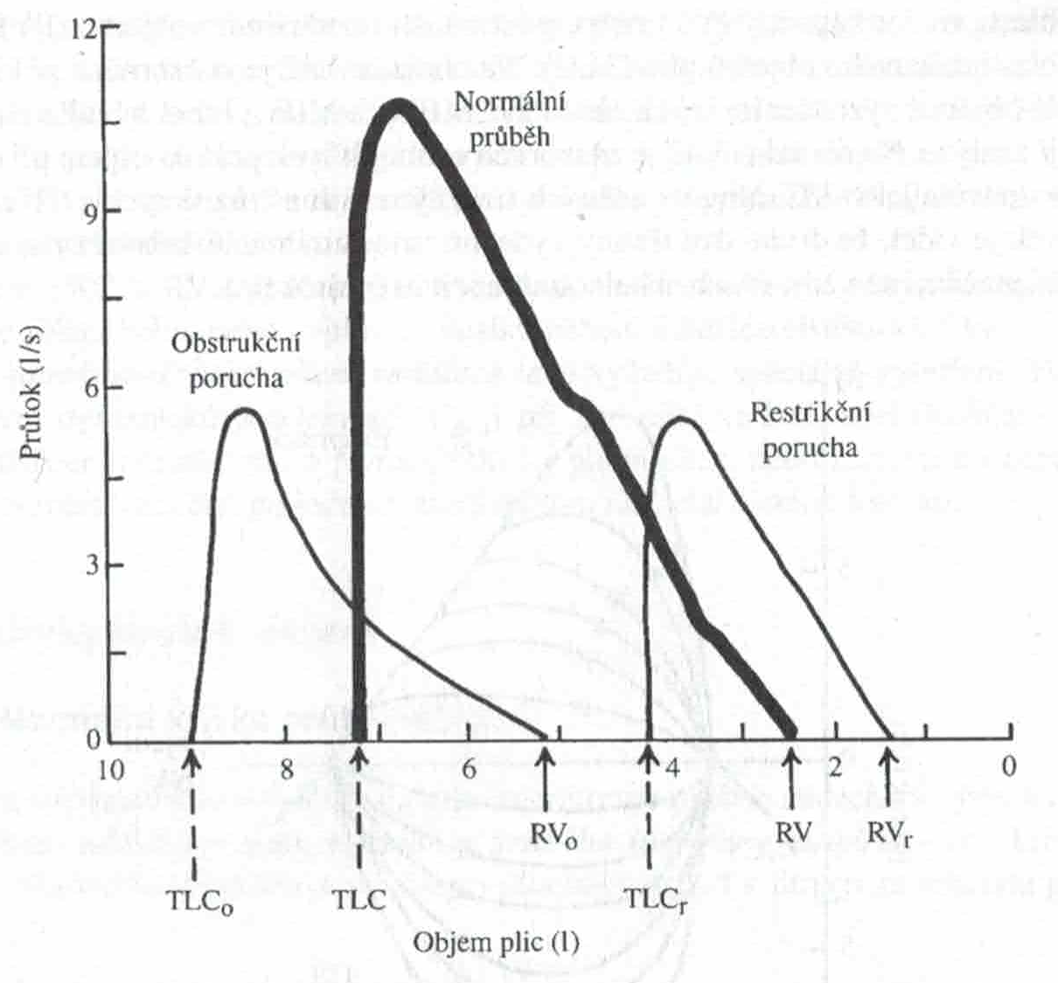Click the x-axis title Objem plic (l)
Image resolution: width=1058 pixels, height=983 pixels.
496,944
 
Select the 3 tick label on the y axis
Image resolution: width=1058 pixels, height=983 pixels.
90,565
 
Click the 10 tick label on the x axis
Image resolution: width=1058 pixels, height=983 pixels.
108,768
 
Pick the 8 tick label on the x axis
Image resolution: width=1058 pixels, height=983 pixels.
286,768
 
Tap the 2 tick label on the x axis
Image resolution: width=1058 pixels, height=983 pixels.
834,768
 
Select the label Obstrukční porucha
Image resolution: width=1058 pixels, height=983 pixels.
235,359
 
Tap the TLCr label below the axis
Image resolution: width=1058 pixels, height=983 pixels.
654,901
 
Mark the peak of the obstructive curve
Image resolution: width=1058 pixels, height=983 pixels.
246,409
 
